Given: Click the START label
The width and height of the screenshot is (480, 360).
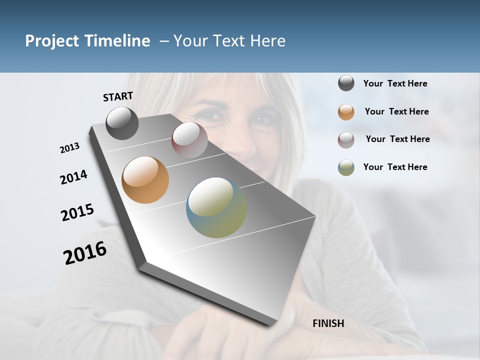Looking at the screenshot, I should coord(118,96).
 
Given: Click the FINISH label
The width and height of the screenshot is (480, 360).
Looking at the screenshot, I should coord(328,323).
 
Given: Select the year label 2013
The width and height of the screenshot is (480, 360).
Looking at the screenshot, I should coord(69,148).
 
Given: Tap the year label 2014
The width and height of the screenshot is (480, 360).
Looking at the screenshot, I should coord(73,177).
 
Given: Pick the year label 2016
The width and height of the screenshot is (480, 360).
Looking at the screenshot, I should coord(85,253).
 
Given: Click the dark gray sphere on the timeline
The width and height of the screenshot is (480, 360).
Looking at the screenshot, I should coord(122,123).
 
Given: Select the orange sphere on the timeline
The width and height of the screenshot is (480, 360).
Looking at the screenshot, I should coord(145,180).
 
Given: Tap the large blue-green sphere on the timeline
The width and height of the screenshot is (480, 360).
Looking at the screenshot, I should coord(216,207).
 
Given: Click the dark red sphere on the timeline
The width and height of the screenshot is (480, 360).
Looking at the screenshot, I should coord(189,139).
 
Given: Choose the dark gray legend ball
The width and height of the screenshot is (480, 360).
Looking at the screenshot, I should coord(346,83).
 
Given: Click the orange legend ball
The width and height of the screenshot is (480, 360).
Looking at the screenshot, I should coord(346,112).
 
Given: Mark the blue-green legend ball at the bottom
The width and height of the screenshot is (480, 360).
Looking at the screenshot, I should coord(346,167).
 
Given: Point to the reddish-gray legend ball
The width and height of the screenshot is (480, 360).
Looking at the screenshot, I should coord(346,139).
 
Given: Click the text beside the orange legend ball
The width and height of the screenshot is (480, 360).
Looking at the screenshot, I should coord(396,111).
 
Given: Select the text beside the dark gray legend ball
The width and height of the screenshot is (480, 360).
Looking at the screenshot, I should coord(395,83).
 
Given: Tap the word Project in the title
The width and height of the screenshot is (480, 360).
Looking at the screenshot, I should coord(51,41).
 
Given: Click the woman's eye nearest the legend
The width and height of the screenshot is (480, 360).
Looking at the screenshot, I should coord(260,119).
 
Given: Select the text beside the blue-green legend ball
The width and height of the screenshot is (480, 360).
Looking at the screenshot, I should coord(395,167).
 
